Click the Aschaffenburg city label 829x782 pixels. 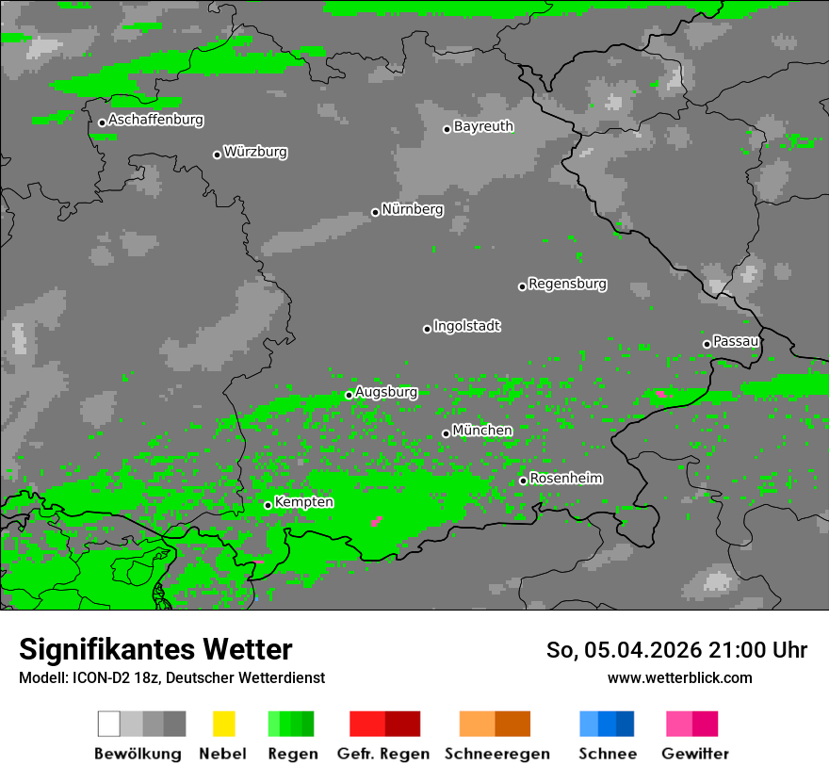[x=155, y=121]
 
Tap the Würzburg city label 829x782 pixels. [x=255, y=152]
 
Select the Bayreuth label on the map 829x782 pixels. [x=483, y=126]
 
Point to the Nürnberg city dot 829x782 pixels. [x=375, y=212]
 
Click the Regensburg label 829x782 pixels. [x=567, y=284]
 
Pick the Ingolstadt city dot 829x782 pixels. [x=427, y=329]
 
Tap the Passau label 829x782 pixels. [x=736, y=341]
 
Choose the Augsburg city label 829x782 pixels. [x=385, y=392]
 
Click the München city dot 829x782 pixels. [x=446, y=433]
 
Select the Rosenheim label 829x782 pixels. [x=565, y=479]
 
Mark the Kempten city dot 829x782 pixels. [x=268, y=505]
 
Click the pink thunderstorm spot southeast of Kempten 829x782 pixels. [x=376, y=520]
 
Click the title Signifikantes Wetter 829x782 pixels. [x=155, y=650]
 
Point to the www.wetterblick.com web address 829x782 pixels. [x=679, y=677]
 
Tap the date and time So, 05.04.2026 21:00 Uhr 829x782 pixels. [x=676, y=650]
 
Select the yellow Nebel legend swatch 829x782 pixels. [x=223, y=724]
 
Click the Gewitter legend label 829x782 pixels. [x=694, y=754]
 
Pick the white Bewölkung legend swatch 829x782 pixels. [x=108, y=724]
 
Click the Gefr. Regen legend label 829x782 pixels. [x=383, y=754]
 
